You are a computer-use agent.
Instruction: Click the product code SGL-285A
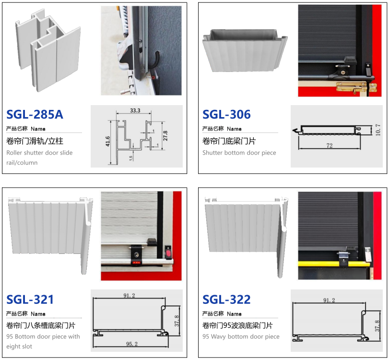tap(35, 114)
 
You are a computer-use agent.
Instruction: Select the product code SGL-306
tap(226, 114)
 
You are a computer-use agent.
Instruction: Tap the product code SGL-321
tap(30, 300)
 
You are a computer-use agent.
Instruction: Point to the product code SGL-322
tap(226, 300)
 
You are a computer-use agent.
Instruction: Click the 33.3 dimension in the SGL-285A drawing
tap(135, 110)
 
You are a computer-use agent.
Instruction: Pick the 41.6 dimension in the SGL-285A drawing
tap(107, 141)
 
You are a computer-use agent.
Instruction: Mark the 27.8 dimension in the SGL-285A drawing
tap(165, 136)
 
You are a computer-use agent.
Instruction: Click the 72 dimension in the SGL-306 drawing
tap(330, 145)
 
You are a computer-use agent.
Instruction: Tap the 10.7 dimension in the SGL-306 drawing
tap(378, 130)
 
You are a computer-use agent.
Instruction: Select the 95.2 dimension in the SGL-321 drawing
tap(132, 344)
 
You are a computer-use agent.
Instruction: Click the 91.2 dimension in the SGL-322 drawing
tap(329, 300)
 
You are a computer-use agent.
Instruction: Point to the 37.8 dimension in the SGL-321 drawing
tap(177, 321)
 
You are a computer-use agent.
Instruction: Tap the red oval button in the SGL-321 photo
tap(168, 253)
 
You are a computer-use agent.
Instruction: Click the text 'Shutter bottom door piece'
tap(239, 153)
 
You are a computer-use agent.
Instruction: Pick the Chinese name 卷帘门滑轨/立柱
tap(35, 141)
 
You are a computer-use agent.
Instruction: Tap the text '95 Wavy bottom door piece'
tap(241, 336)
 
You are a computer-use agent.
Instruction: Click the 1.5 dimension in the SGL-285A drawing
tap(131, 158)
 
